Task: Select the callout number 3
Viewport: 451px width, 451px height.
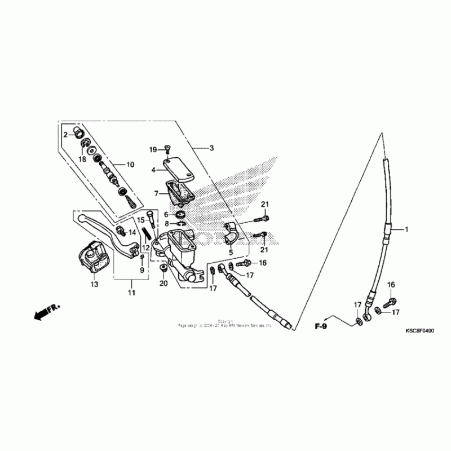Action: tap(211, 148)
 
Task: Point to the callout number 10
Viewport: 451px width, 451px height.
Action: tap(130, 165)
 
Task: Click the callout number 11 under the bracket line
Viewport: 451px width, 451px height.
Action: tap(131, 293)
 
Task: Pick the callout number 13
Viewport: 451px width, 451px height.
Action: tap(94, 285)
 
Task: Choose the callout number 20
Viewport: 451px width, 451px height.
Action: tap(163, 283)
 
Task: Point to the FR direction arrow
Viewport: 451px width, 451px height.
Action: tap(47, 312)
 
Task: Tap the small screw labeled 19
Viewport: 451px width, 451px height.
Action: tap(167, 149)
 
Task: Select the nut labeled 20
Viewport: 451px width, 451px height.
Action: tap(163, 267)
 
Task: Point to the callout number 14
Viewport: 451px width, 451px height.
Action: tap(132, 232)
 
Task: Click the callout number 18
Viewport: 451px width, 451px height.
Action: tap(82, 160)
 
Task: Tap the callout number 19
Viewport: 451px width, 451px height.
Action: tap(153, 149)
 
